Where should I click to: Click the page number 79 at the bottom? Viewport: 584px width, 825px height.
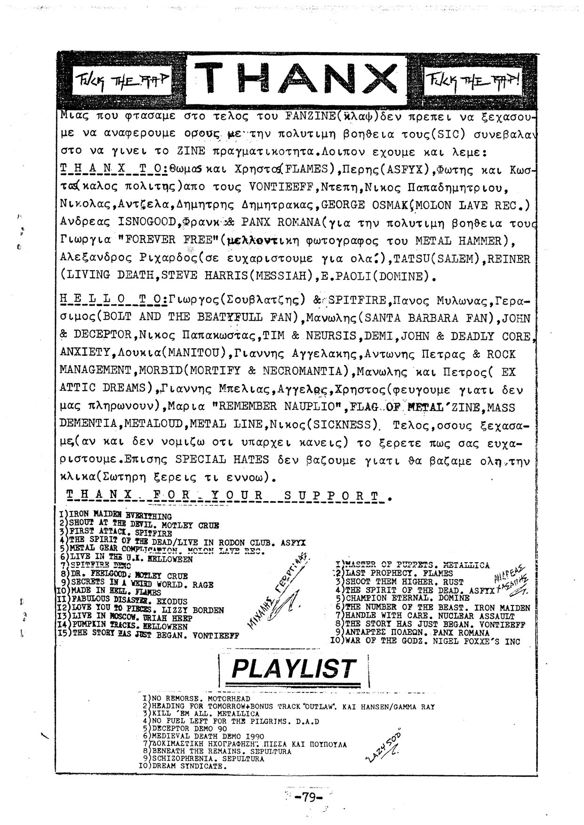[x=308, y=797]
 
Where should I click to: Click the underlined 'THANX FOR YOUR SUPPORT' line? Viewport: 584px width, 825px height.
[x=226, y=495]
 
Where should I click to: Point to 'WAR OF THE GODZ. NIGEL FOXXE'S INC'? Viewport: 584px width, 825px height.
[x=432, y=641]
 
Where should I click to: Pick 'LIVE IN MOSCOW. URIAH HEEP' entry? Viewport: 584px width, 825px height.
[x=128, y=618]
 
